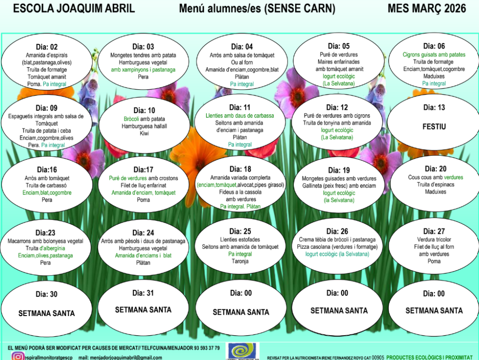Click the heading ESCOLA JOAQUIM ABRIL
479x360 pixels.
74,8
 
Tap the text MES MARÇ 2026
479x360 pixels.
427,8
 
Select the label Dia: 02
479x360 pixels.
47,47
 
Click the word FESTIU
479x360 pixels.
435,127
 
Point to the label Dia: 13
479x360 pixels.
434,108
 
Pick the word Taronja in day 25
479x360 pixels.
240,261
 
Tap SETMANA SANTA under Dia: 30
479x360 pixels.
47,313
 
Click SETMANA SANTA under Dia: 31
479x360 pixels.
143,310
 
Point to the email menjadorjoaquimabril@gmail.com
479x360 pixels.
123,358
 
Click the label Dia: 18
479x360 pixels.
240,169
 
